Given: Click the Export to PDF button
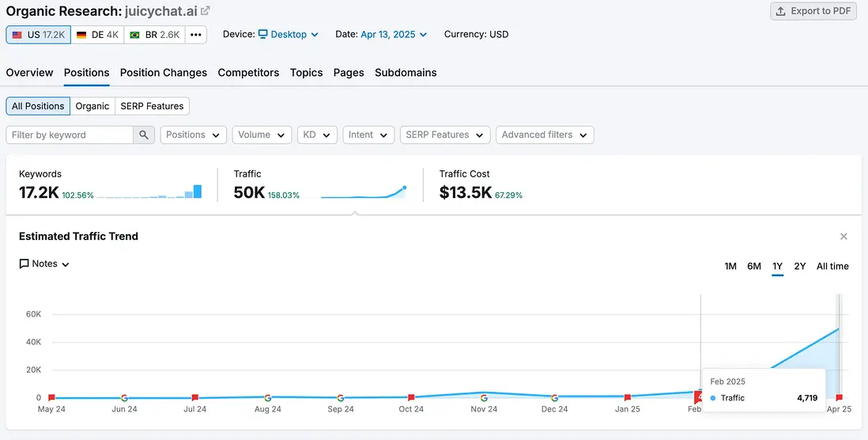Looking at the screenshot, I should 813,11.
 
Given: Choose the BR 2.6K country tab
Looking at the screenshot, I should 155,35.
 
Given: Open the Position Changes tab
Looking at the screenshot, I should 164,73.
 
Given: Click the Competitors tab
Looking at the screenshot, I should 248,73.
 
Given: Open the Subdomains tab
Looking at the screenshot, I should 406,73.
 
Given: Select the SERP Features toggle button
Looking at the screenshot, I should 152,106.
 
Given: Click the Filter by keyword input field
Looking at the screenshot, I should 70,135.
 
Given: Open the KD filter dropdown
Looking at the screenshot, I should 318,135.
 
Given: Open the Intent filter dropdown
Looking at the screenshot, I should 368,135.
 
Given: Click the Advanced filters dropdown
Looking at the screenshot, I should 545,135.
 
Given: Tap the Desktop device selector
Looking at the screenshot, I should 288,35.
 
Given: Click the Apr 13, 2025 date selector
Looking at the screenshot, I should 394,35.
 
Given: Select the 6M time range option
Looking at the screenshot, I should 754,267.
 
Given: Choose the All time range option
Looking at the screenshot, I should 832,267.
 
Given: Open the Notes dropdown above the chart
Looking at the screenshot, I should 45,264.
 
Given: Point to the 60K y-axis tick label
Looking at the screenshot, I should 33,314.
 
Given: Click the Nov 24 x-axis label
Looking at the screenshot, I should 484,409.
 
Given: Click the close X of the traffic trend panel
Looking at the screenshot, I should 843,237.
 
